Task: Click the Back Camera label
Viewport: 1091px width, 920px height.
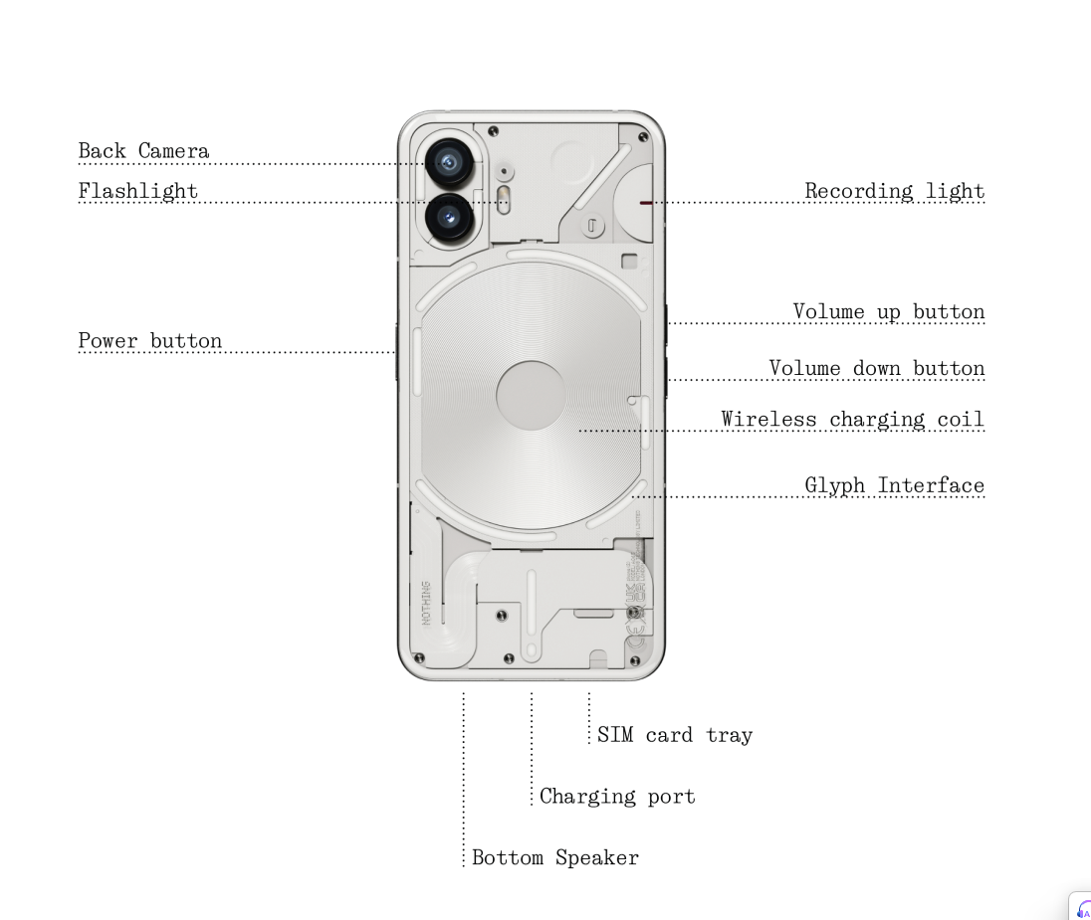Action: tap(143, 151)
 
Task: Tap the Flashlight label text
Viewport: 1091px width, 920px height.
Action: tap(137, 191)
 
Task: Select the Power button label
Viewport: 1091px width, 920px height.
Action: tap(149, 341)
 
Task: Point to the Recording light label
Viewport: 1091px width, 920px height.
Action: tap(894, 191)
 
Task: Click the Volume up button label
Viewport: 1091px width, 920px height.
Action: tap(888, 312)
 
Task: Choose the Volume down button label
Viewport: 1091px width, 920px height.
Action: tap(876, 369)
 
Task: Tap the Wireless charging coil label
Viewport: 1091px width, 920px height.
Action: tap(852, 420)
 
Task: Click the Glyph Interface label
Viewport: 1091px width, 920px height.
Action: tap(894, 486)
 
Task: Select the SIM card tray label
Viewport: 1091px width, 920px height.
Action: tap(674, 736)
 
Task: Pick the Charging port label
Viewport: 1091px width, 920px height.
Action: tap(617, 797)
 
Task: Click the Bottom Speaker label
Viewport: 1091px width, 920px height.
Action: tap(554, 857)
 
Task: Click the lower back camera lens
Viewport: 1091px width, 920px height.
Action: tap(449, 215)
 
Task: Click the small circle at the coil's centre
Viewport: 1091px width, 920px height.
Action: tap(531, 395)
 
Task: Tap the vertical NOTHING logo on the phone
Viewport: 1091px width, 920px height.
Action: tap(427, 603)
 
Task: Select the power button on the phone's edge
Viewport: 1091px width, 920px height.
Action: tap(397, 351)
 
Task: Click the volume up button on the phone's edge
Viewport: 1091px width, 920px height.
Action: tap(665, 316)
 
